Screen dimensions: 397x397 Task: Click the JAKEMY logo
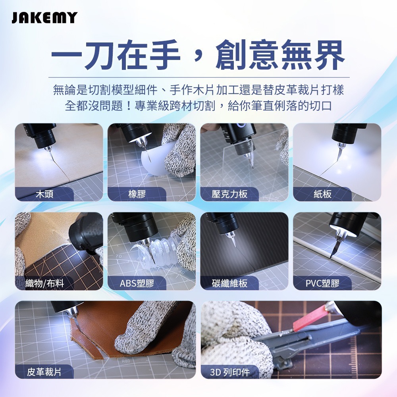(44, 18)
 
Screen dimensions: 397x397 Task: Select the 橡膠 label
(137, 194)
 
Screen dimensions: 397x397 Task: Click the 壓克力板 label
(230, 194)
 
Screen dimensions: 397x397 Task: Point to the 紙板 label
(322, 194)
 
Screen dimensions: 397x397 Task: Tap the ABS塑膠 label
(137, 283)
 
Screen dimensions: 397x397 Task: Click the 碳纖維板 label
(230, 283)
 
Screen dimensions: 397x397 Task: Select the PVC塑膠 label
(322, 283)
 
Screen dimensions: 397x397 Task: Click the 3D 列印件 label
(230, 372)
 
